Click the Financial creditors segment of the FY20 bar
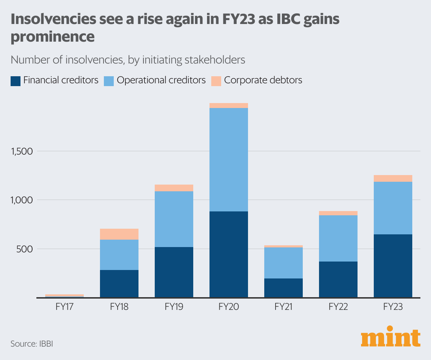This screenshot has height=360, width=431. point(229,254)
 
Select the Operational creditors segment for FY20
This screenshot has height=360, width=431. point(229,160)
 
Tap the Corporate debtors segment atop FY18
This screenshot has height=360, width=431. point(119,234)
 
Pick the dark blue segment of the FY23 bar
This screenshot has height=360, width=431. point(393,266)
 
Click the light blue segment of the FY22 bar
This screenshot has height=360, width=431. point(338,238)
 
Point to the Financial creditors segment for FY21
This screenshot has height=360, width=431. point(283,288)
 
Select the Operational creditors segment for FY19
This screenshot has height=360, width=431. point(174,219)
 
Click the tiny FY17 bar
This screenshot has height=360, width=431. point(64,296)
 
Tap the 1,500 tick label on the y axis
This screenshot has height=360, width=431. point(22,151)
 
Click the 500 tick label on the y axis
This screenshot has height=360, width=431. point(25,249)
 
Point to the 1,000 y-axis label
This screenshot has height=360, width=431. point(22,200)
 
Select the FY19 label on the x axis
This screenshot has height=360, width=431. point(174,307)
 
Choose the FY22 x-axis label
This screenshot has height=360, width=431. point(338,307)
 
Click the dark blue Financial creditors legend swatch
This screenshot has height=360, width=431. point(16,81)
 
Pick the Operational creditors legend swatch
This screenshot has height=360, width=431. point(109,81)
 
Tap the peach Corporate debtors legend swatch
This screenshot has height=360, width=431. point(216,81)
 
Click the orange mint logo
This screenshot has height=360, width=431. point(390,338)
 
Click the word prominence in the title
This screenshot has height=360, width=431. point(53,36)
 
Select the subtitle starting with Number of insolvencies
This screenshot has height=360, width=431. point(128,60)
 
